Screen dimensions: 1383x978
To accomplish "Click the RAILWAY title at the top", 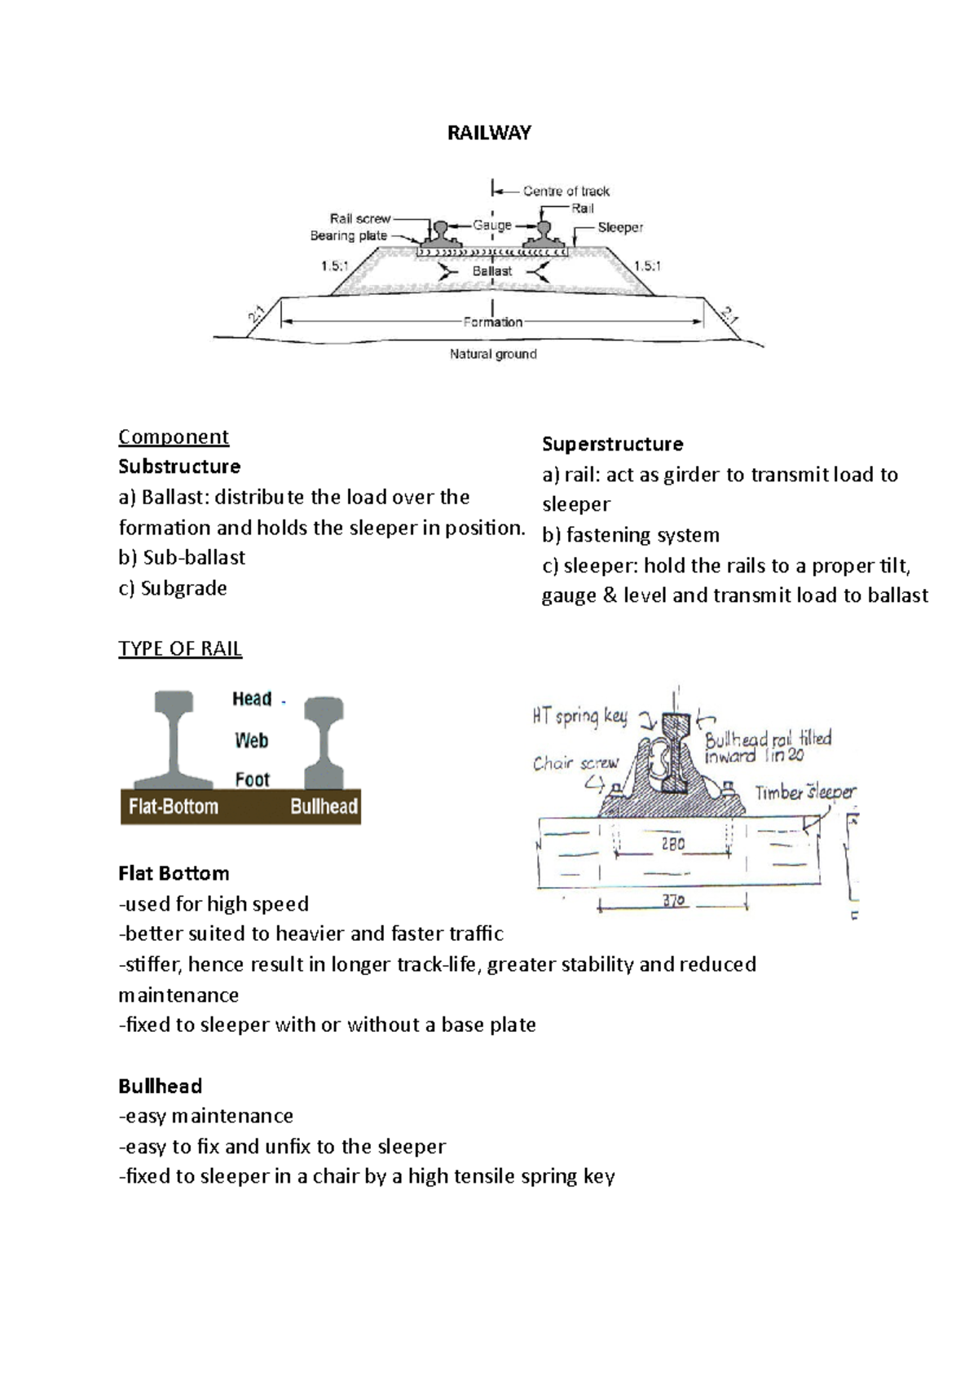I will (x=489, y=133).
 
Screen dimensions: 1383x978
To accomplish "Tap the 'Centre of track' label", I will (x=566, y=191).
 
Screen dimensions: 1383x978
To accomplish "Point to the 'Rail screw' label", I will (x=360, y=218).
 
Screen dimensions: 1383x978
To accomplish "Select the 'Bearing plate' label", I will (x=349, y=236).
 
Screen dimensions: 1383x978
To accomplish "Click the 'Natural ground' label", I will (x=493, y=354).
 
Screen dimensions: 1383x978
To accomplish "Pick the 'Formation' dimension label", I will (x=492, y=322).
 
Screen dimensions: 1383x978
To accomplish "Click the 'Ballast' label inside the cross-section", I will (x=491, y=270).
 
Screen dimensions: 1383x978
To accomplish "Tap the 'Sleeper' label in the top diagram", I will (x=620, y=227).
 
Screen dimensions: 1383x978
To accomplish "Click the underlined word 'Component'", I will (x=174, y=437).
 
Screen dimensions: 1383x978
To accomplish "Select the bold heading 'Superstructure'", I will (x=612, y=444).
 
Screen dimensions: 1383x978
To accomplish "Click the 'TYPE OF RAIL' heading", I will (x=180, y=648).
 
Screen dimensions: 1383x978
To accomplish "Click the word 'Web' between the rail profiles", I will (x=251, y=740).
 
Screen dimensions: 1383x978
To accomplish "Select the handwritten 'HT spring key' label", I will (x=579, y=716).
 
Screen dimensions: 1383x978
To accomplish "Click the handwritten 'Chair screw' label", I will (x=575, y=763).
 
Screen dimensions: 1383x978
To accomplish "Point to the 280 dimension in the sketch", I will (x=672, y=845).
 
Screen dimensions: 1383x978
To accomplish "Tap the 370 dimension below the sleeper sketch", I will (x=673, y=902).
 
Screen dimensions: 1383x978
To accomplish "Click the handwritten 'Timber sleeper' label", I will (x=805, y=792).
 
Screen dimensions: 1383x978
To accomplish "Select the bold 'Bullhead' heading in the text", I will (x=160, y=1086).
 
